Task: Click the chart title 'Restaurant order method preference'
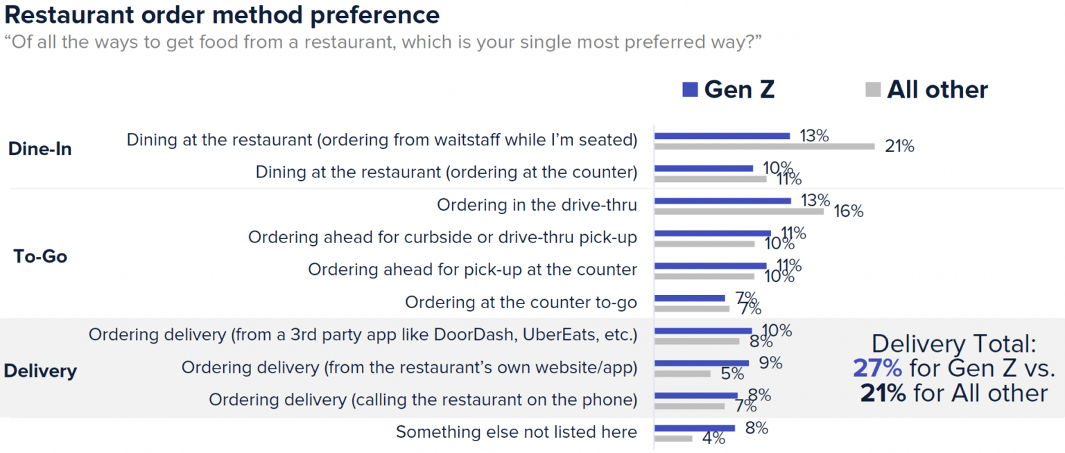pyautogui.click(x=222, y=15)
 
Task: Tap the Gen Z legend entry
pyautogui.click(x=728, y=89)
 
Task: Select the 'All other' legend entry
pyautogui.click(x=926, y=89)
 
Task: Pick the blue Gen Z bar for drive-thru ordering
pyautogui.click(x=722, y=201)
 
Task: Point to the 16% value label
pyautogui.click(x=848, y=211)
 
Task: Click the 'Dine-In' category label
pyautogui.click(x=40, y=149)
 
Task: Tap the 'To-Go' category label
pyautogui.click(x=40, y=256)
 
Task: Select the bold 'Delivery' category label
pyautogui.click(x=40, y=371)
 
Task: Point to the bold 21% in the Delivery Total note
pyautogui.click(x=883, y=393)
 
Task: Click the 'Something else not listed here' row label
pyautogui.click(x=516, y=432)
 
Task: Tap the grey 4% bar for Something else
pyautogui.click(x=673, y=438)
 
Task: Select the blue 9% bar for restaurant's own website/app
pyautogui.click(x=701, y=362)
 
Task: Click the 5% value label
pyautogui.click(x=732, y=374)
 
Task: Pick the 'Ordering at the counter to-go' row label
pyautogui.click(x=521, y=302)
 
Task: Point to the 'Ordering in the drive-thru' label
pyautogui.click(x=537, y=205)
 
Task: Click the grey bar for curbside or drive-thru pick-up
pyautogui.click(x=704, y=244)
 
